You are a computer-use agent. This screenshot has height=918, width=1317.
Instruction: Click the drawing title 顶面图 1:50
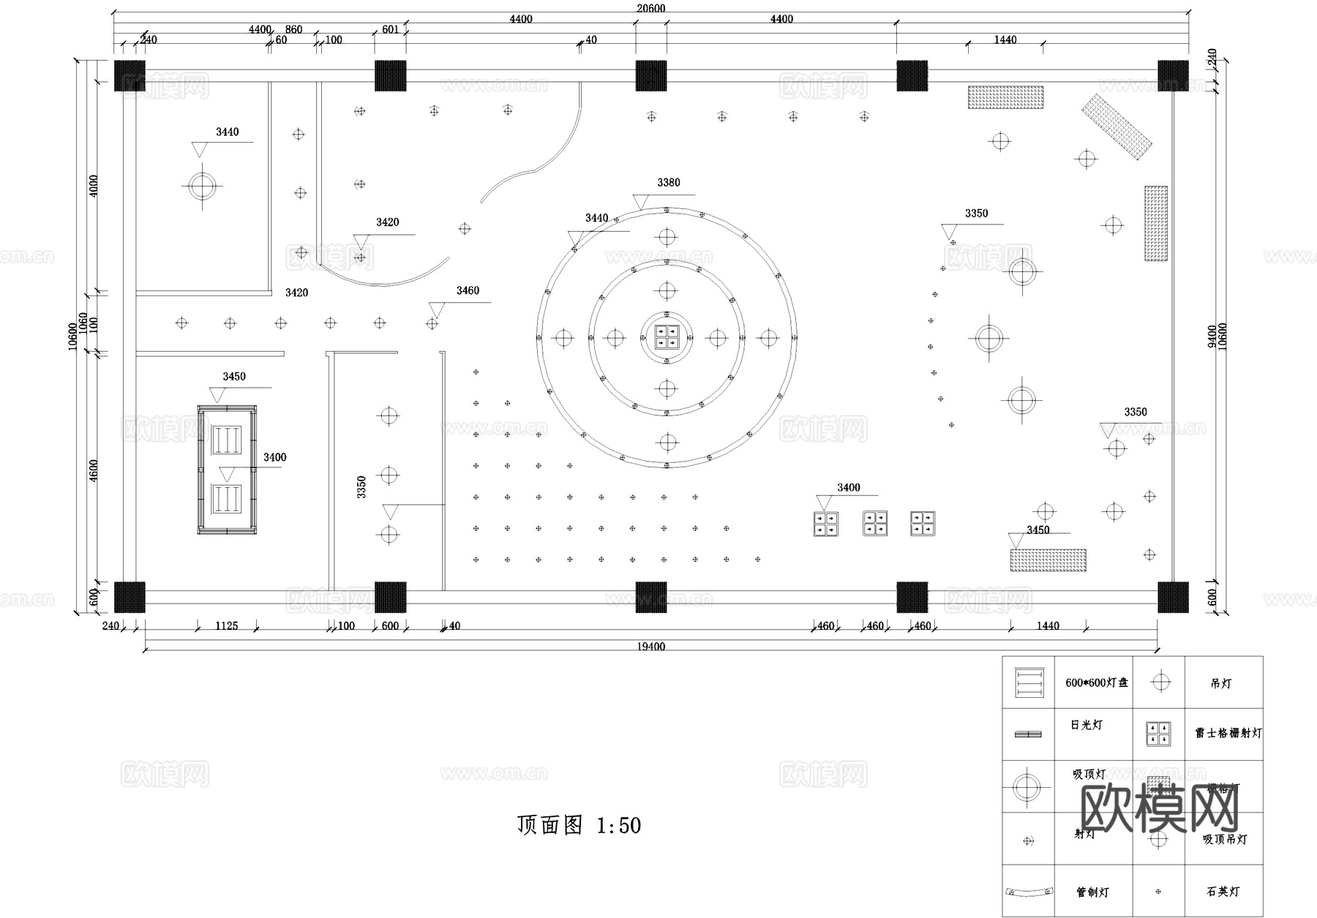click(x=579, y=825)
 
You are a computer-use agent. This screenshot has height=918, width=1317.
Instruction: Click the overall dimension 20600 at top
click(x=650, y=8)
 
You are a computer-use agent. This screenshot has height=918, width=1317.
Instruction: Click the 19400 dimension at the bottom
click(x=650, y=647)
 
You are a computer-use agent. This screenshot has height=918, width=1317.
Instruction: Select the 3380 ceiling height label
click(x=668, y=183)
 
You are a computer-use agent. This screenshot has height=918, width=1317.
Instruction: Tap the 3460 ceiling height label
click(x=468, y=291)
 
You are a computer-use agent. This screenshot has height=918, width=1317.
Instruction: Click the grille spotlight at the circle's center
click(x=667, y=337)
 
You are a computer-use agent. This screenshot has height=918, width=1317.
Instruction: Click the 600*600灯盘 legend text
click(x=1096, y=682)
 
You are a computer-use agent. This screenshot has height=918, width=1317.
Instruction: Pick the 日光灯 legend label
click(x=1086, y=725)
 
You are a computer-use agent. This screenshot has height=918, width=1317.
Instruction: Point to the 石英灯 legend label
click(x=1223, y=892)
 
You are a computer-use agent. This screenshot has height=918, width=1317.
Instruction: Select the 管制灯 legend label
click(x=1092, y=892)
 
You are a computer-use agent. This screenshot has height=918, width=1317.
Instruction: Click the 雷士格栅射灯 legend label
click(x=1228, y=733)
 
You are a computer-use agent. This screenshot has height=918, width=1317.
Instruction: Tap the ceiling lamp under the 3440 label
click(x=202, y=186)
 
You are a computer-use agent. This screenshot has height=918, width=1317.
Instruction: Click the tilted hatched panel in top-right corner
click(x=1117, y=127)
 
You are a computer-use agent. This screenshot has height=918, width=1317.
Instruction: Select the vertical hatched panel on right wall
click(x=1156, y=223)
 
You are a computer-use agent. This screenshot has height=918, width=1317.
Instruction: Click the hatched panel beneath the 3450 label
click(x=1048, y=560)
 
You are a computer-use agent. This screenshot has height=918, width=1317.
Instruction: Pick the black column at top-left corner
click(x=130, y=75)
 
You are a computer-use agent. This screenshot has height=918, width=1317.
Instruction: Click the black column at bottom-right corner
click(x=1173, y=597)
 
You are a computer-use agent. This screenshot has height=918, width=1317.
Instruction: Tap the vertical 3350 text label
click(x=361, y=487)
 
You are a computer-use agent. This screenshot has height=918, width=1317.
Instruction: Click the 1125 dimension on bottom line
click(x=226, y=626)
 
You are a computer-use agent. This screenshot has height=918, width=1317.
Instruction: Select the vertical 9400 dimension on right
click(x=1212, y=336)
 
